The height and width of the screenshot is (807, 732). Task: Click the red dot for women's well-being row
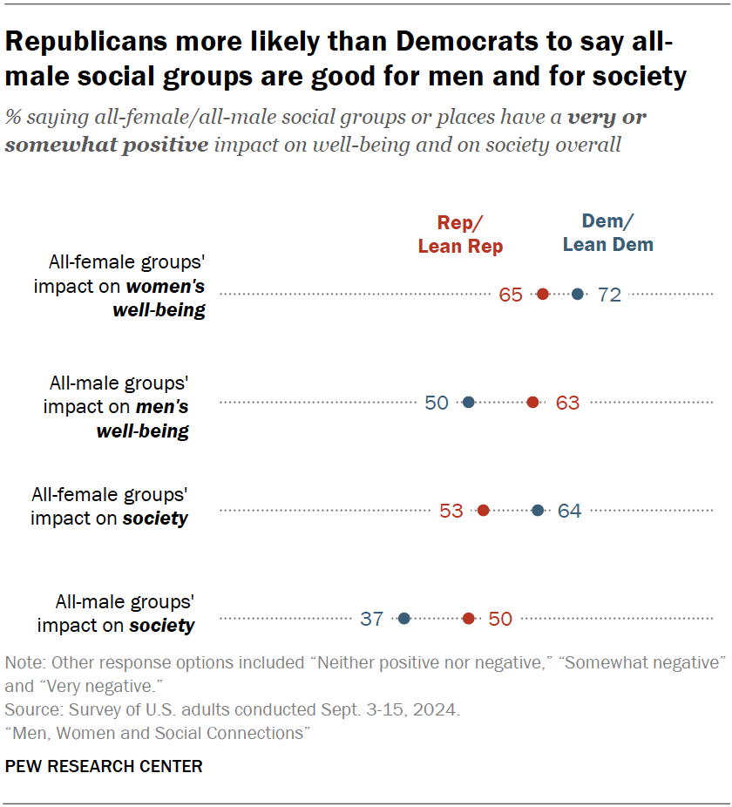pyautogui.click(x=543, y=295)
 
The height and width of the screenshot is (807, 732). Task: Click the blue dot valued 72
pyautogui.click(x=577, y=295)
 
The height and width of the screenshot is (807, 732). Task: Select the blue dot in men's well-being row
pyautogui.click(x=468, y=403)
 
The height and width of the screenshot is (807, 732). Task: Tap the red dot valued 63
pyautogui.click(x=532, y=403)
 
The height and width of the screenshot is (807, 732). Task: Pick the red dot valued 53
pyautogui.click(x=484, y=511)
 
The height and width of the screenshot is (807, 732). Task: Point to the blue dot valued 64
pyautogui.click(x=538, y=511)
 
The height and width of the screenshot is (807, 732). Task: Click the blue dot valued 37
pyautogui.click(x=403, y=619)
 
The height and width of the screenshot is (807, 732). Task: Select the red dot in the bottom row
pyautogui.click(x=468, y=619)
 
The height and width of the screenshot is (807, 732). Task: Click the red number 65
pyautogui.click(x=511, y=295)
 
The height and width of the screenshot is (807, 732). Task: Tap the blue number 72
pyautogui.click(x=609, y=295)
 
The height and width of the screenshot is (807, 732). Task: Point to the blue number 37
pyautogui.click(x=372, y=619)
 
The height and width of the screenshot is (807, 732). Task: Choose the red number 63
pyautogui.click(x=567, y=403)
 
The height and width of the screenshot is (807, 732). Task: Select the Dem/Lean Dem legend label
pyautogui.click(x=607, y=234)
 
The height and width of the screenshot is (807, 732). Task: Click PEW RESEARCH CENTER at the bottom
pyautogui.click(x=104, y=767)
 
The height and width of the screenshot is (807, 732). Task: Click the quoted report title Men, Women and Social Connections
pyautogui.click(x=158, y=733)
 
